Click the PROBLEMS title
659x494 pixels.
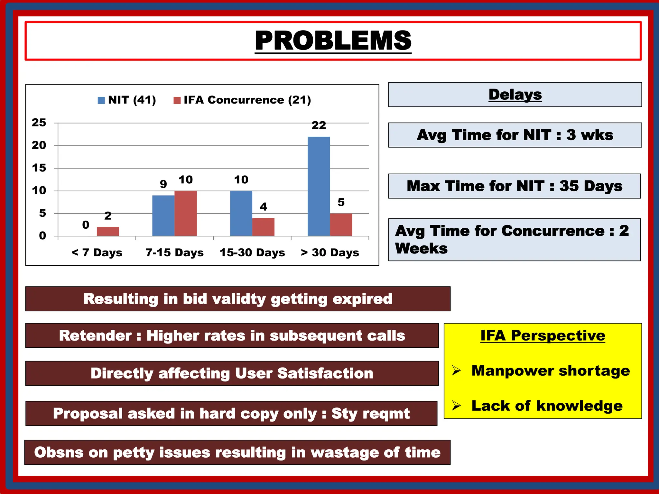[333, 41]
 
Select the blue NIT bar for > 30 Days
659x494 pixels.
[319, 187]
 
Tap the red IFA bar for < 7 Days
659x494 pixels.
[108, 232]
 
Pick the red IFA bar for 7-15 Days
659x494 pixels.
[186, 214]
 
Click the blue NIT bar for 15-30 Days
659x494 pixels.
[241, 214]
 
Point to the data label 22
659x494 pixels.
[319, 125]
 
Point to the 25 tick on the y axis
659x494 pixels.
[39, 123]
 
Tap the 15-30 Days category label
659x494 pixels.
[252, 253]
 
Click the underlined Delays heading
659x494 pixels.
[515, 95]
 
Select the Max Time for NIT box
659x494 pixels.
[514, 186]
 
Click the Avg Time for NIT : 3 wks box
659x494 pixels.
[515, 135]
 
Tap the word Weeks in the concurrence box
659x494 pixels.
[421, 249]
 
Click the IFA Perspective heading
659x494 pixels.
[543, 335]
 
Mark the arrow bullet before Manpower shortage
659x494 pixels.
[456, 370]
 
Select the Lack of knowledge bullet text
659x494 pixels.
[547, 406]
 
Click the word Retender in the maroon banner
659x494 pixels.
[95, 336]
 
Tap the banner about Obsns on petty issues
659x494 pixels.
[237, 453]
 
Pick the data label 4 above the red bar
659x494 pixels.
[263, 207]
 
